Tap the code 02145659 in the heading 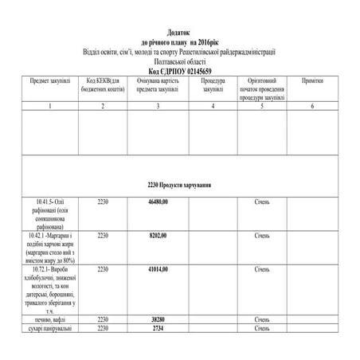coord(198,70)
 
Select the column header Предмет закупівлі coord(49,81)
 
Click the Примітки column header coord(313,81)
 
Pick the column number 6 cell coord(313,105)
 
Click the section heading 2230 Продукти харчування coord(179,185)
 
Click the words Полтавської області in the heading coord(180,61)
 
